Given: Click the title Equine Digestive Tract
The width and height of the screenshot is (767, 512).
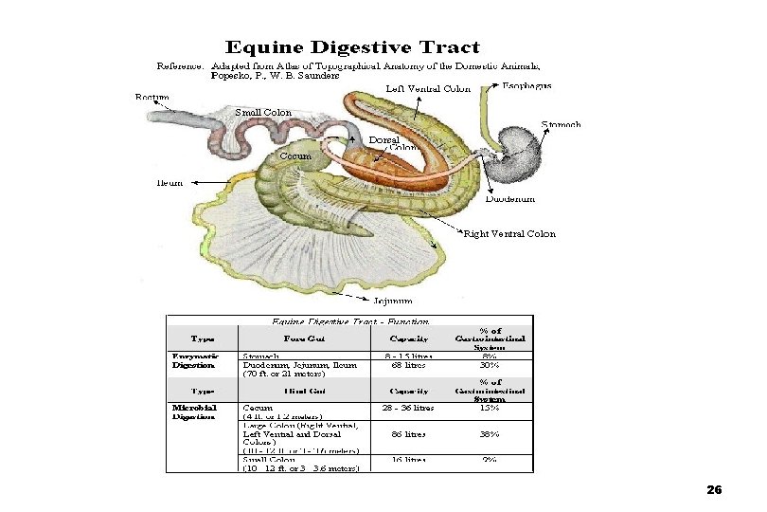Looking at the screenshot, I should (352, 47).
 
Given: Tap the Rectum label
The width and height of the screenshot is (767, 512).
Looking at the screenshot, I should (152, 98).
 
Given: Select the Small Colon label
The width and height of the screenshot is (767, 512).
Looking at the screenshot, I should (263, 113).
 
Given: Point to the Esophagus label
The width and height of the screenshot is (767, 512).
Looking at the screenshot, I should (527, 86).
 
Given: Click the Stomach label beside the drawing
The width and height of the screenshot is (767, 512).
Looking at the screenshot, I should (561, 124).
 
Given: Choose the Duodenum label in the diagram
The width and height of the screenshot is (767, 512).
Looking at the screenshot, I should (510, 199).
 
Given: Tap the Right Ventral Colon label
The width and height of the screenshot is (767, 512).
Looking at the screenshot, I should (509, 234).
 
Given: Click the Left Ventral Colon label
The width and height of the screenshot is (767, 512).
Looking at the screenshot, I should (429, 90).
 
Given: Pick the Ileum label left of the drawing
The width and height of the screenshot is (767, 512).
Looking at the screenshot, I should (169, 182).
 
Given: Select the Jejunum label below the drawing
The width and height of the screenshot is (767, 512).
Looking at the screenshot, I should (392, 302).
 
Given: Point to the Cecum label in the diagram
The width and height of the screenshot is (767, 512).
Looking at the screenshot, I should (294, 155).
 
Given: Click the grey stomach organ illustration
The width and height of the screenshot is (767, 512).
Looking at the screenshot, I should (519, 156).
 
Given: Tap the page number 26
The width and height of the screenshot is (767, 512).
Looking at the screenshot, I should (714, 490).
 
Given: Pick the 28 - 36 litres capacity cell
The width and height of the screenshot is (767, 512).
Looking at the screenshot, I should (408, 409).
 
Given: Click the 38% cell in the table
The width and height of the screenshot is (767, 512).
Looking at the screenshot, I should (490, 434).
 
